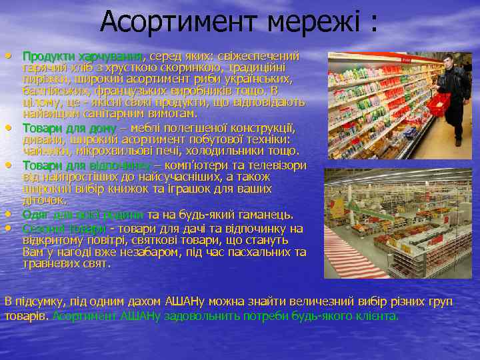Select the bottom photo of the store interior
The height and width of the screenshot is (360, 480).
click(388, 223)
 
